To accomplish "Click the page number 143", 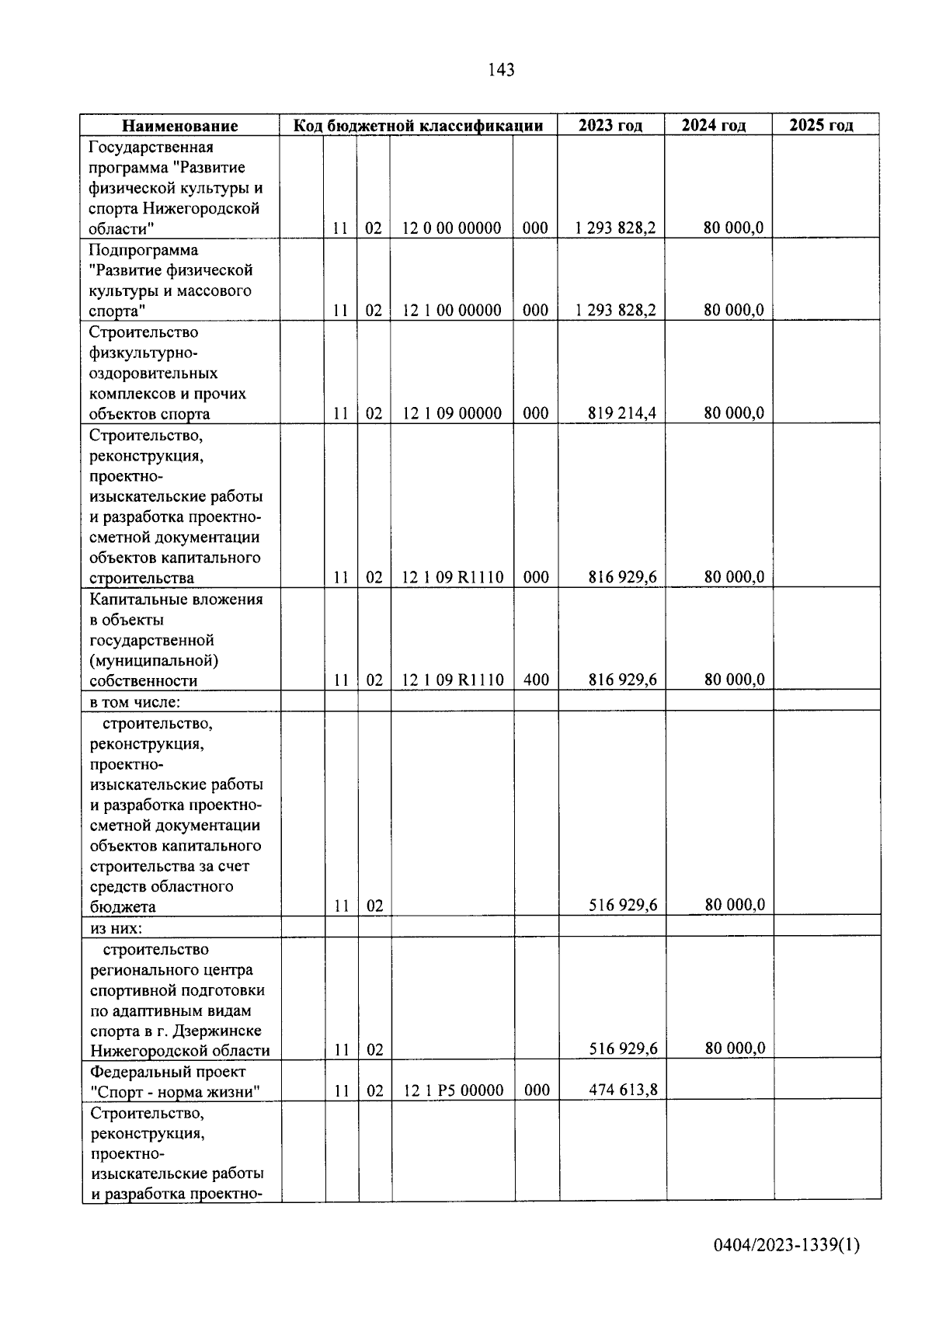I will pos(501,70).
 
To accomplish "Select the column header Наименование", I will pos(179,126).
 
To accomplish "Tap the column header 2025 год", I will pos(821,125).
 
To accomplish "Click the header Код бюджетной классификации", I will pos(418,126).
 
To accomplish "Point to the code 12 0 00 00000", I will pos(451,228).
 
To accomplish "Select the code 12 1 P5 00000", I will pos(453,1090).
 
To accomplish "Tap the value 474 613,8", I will pos(622,1090).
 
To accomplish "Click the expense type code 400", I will pos(536,680).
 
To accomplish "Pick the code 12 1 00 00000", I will pos(451,311).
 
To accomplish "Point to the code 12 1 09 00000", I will pos(451,413).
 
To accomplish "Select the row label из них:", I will pos(116,927).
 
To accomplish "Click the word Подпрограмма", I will pos(144,250).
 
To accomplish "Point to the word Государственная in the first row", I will pos(151,148).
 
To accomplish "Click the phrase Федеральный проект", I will pos(168,1072).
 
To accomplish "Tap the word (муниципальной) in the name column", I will pos(154,661).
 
